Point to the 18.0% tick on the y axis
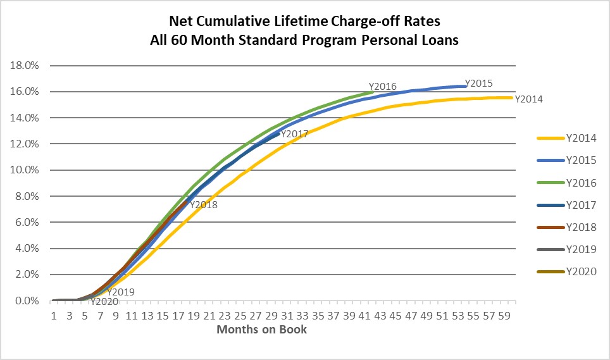point(23,65)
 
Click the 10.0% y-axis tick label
point(23,170)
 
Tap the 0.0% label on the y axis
point(26,301)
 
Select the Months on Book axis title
point(261,330)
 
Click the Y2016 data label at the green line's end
point(382,87)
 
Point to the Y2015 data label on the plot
point(478,83)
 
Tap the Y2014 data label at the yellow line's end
point(528,99)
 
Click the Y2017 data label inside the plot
point(294,134)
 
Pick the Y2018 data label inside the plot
point(204,204)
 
